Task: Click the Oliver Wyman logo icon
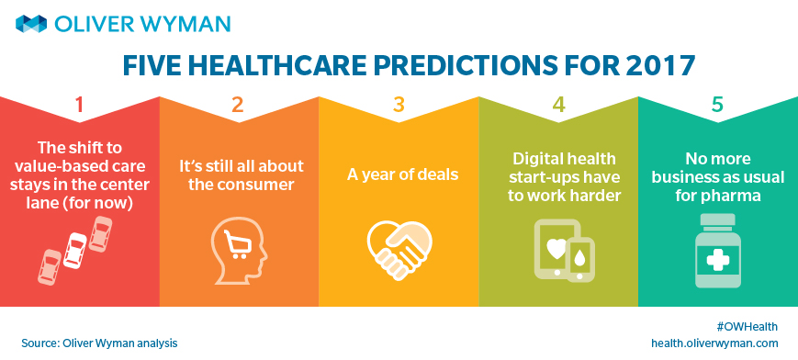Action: pos(31,24)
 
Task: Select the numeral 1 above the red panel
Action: pos(79,105)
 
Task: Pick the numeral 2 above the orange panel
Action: pos(238,105)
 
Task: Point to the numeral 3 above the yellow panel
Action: pos(399,105)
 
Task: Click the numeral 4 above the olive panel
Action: pos(559,105)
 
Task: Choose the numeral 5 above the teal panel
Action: pos(717,105)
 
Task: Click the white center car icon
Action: pos(76,250)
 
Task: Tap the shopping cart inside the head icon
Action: pos(235,247)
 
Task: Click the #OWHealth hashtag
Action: pos(747,327)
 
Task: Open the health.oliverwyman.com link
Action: pos(714,343)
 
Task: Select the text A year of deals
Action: pos(403,174)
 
